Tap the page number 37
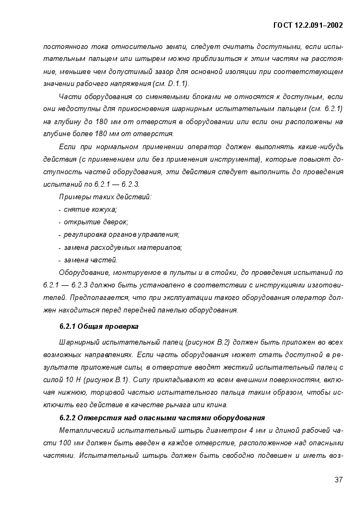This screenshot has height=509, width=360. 338,480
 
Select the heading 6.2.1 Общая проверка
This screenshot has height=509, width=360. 99,327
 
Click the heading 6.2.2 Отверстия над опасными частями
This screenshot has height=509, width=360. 162,418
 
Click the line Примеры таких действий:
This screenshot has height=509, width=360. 105,197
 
